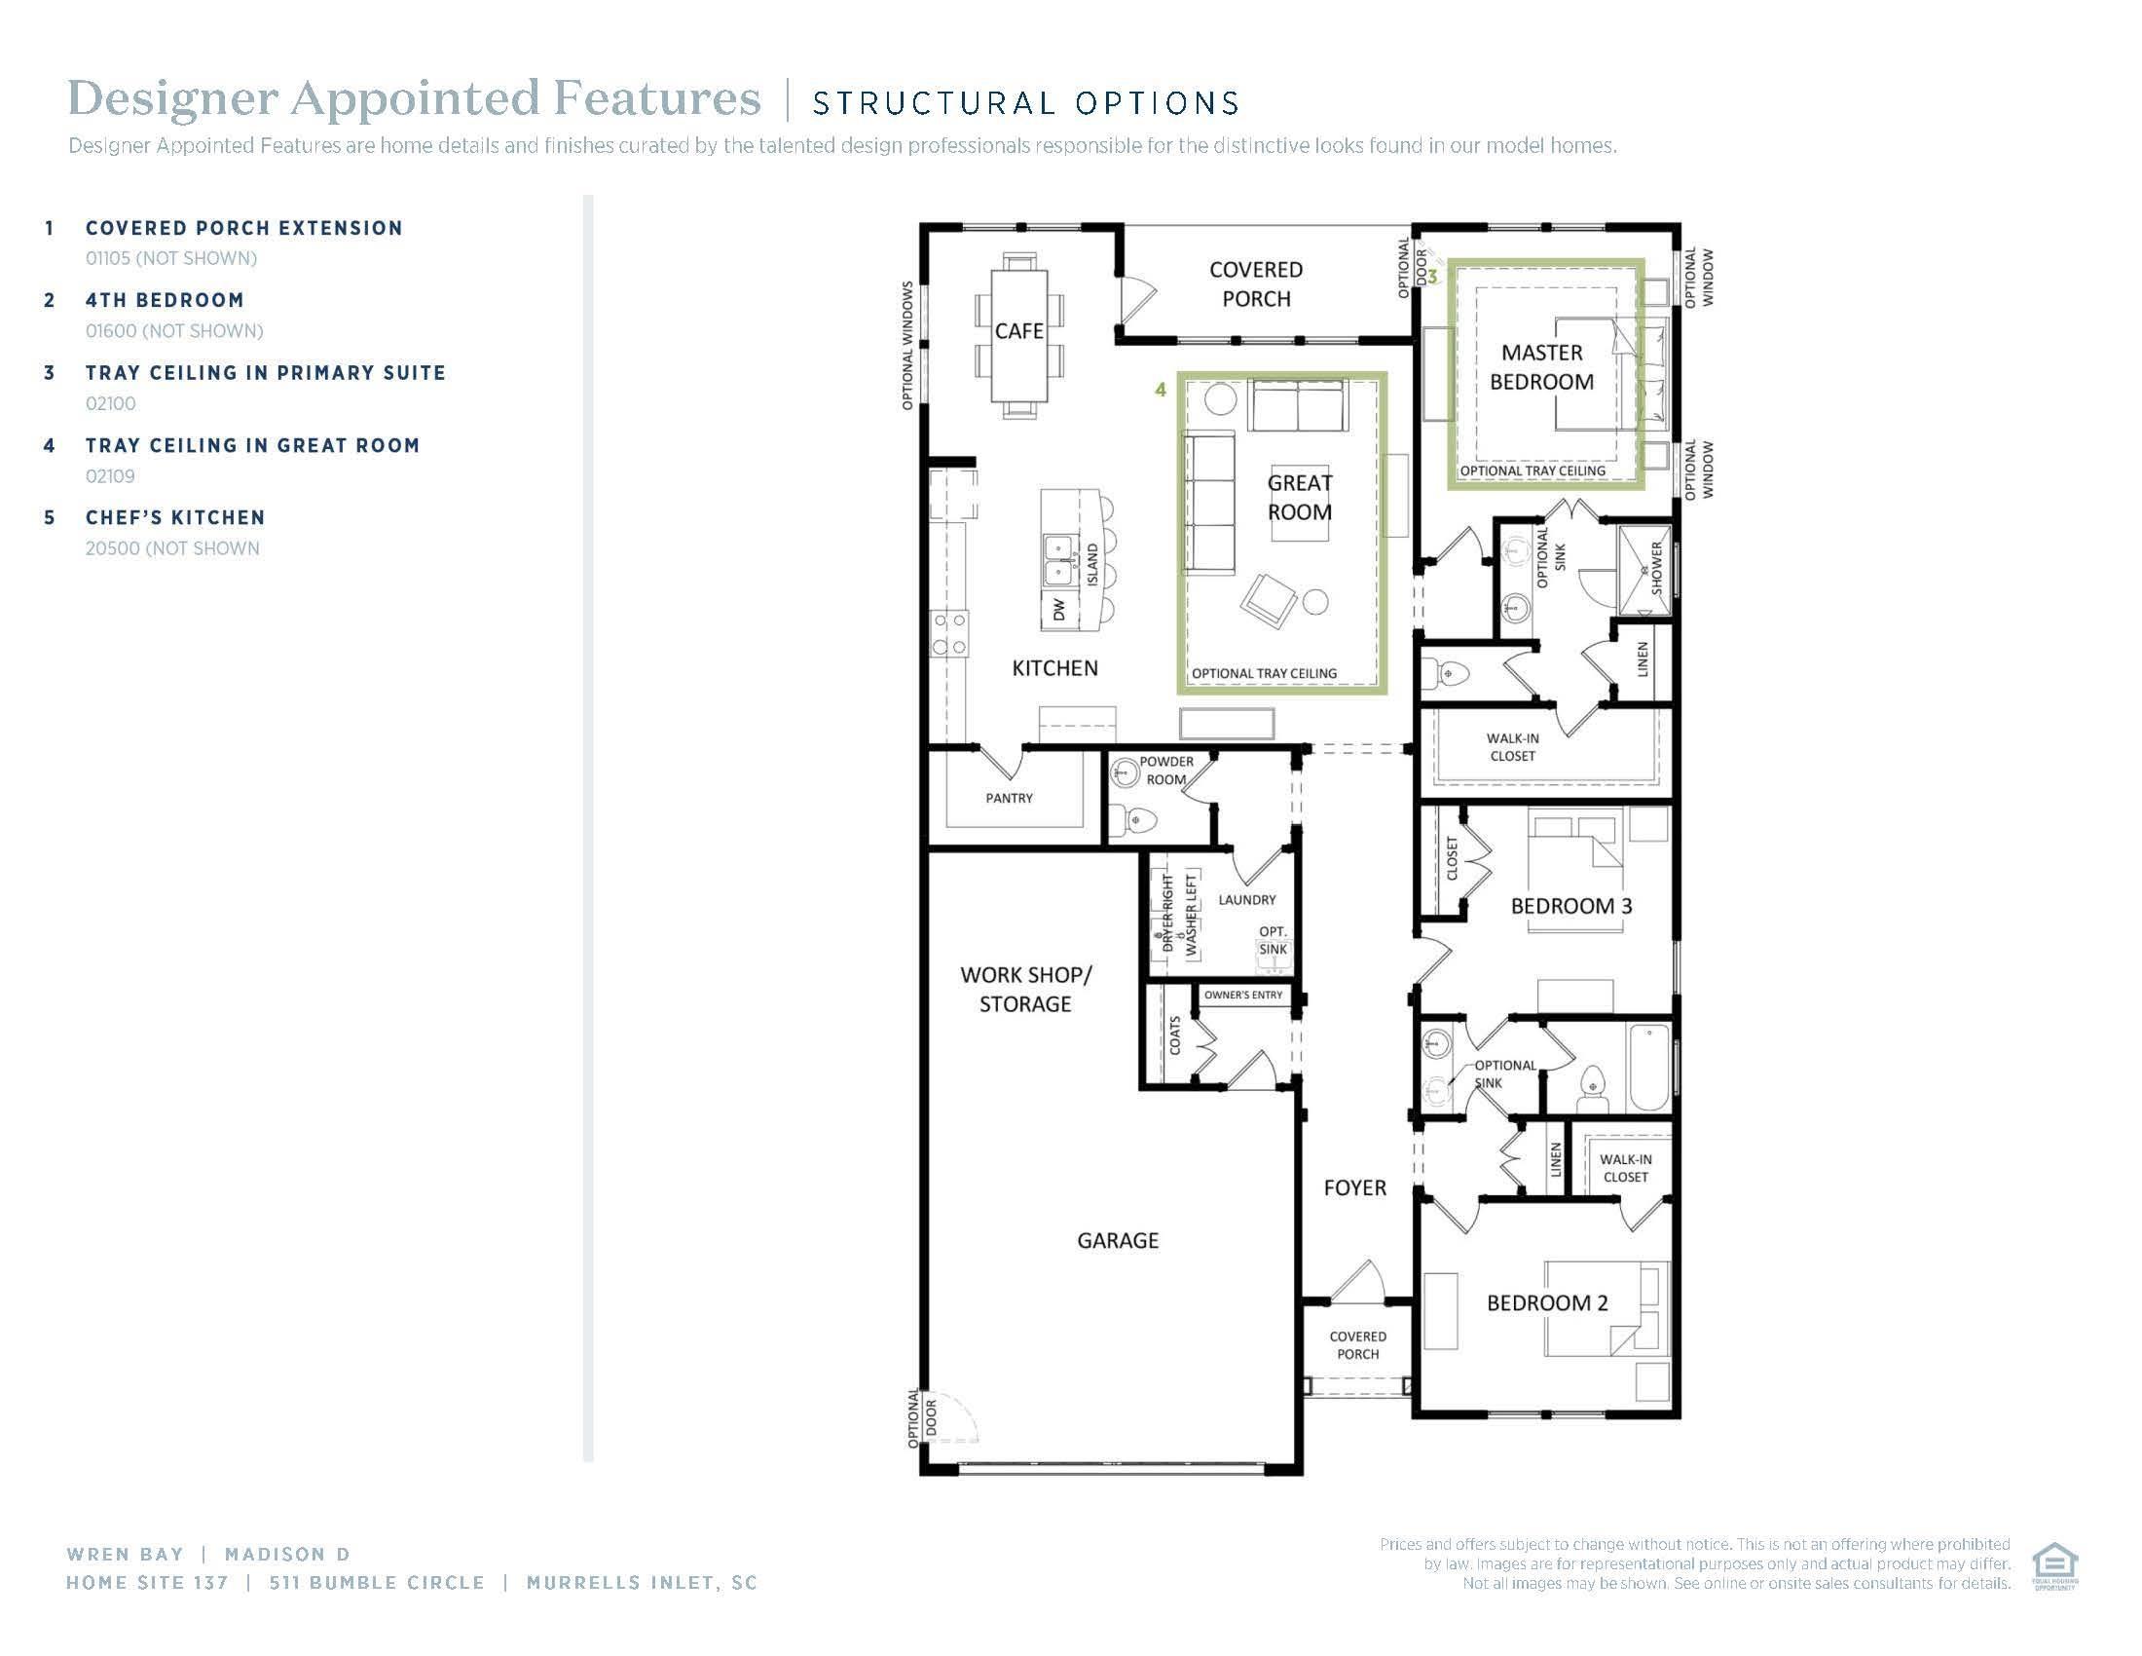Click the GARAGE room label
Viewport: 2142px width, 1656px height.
(1117, 1240)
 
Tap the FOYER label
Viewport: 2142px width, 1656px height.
(1354, 1188)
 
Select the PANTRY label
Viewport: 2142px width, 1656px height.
(1010, 798)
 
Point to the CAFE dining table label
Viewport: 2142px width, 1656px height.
(1019, 331)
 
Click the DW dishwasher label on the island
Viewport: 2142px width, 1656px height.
(1058, 610)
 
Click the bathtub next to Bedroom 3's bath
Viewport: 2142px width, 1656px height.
(1648, 1068)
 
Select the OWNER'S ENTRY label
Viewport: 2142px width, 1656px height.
(1242, 995)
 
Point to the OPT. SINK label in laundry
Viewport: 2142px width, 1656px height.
(1274, 940)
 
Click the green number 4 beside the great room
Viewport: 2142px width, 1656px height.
(1161, 390)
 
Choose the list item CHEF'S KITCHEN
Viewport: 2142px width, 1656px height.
(174, 517)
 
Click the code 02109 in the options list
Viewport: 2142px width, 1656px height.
(110, 475)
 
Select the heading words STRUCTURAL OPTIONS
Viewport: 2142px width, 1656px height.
(1026, 102)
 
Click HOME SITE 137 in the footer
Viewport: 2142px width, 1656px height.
(147, 1582)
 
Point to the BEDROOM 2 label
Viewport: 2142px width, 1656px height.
(1547, 1302)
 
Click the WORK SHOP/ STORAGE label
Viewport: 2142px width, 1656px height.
(1025, 989)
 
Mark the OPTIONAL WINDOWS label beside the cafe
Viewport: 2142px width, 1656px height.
(907, 346)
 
